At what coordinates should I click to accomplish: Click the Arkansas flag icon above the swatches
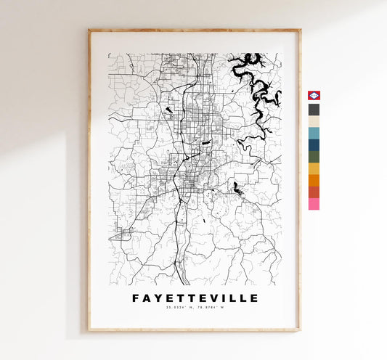click(314, 97)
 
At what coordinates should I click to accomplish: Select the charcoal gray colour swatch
click(314, 110)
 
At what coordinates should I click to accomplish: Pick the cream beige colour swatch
click(314, 121)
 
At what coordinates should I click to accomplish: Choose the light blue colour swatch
click(314, 133)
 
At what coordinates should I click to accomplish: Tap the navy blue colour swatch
click(314, 144)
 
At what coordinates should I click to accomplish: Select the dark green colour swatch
click(314, 156)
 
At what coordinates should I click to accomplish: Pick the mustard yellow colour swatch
click(314, 168)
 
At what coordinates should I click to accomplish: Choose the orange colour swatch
click(314, 180)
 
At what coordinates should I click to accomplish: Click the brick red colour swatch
click(314, 192)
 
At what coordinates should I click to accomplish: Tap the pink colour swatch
click(314, 204)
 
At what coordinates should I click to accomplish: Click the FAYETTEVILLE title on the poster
click(195, 298)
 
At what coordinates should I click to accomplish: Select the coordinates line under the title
click(195, 308)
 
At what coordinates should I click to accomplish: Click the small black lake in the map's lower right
click(237, 189)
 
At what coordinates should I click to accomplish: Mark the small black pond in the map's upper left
click(168, 110)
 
